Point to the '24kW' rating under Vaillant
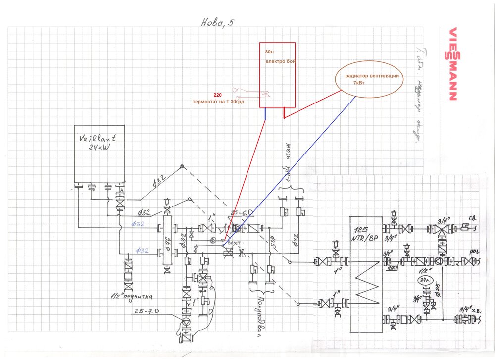[97, 149]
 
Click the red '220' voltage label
[217, 94]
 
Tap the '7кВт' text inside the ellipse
[360, 83]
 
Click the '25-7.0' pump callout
[147, 311]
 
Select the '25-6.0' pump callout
[240, 213]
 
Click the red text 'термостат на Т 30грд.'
[219, 102]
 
